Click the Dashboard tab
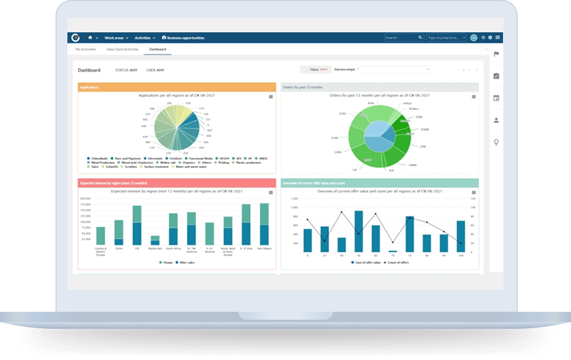tap(157, 49)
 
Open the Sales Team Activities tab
tap(122, 49)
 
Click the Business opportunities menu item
tap(183, 38)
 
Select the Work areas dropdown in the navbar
tap(116, 38)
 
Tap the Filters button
tap(315, 69)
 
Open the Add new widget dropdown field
tap(395, 69)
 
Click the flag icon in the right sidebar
tap(496, 54)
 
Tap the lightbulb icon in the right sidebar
tap(496, 142)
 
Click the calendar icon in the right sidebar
tap(496, 98)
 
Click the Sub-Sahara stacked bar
tap(264, 223)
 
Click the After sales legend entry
tap(185, 262)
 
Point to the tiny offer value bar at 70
tap(393, 251)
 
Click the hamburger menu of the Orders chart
tap(474, 97)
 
